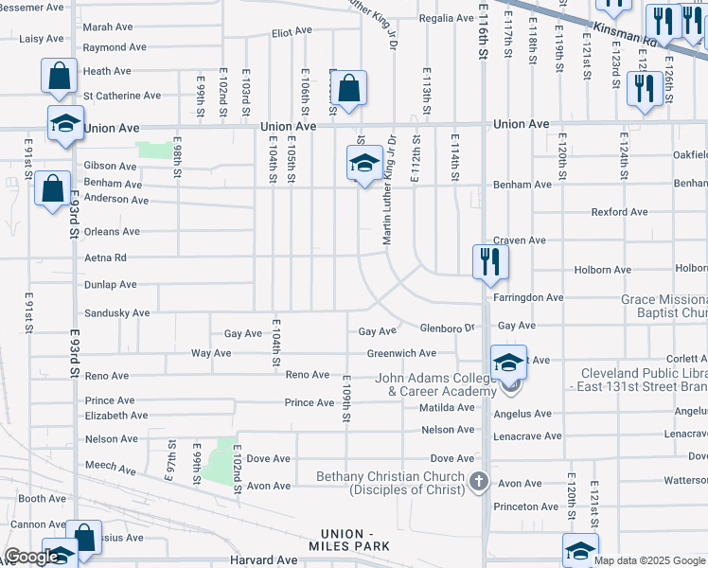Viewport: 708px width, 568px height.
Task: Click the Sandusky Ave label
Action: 117,312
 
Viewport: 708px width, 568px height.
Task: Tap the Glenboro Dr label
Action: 448,328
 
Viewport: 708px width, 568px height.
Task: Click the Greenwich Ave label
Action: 401,353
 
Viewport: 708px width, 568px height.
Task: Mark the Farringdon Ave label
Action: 528,297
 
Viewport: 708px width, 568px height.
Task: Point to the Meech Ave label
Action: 112,467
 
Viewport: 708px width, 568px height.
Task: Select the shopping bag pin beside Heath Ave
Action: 59,76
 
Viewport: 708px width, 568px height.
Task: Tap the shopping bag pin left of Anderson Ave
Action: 53,186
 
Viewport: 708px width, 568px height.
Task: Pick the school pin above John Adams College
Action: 508,361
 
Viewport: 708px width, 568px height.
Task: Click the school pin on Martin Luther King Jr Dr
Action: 364,163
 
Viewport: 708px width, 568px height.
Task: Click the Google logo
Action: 31,557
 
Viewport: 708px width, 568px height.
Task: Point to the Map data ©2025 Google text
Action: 648,560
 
